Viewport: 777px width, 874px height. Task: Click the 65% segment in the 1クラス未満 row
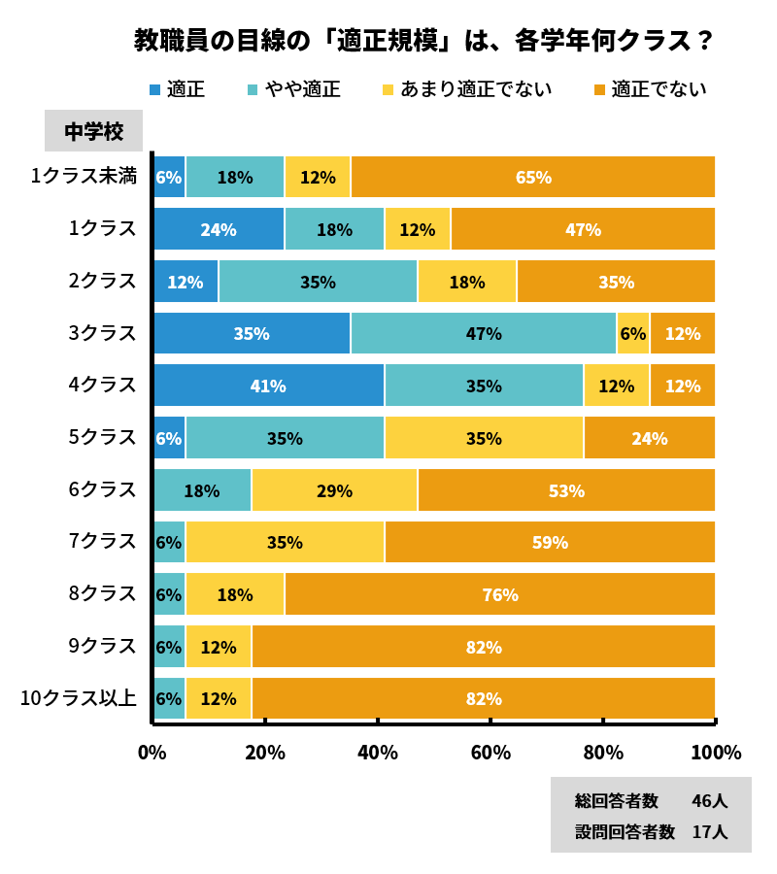tap(533, 177)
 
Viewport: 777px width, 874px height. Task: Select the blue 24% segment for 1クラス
tap(219, 229)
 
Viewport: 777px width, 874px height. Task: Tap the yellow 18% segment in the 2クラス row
tap(466, 282)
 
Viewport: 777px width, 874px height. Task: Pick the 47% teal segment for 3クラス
tap(484, 333)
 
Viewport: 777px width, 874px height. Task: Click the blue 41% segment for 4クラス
tap(268, 386)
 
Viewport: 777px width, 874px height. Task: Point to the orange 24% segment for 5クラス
tap(649, 438)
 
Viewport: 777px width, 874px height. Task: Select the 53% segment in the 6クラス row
tap(566, 490)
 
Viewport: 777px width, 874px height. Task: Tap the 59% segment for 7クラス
tap(550, 542)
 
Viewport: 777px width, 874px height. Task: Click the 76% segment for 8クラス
tap(500, 594)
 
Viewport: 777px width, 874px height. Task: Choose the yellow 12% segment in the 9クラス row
tap(219, 647)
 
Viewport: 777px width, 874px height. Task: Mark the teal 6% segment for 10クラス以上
tap(169, 698)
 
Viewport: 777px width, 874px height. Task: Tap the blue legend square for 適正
tap(155, 90)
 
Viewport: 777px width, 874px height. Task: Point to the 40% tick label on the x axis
tap(378, 753)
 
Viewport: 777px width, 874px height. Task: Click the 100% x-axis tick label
tap(716, 753)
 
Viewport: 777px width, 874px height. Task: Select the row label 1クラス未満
tap(84, 176)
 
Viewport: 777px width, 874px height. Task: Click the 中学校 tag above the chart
tap(93, 131)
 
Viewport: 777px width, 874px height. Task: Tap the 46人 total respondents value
tap(709, 801)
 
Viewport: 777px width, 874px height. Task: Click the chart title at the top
tap(424, 41)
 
